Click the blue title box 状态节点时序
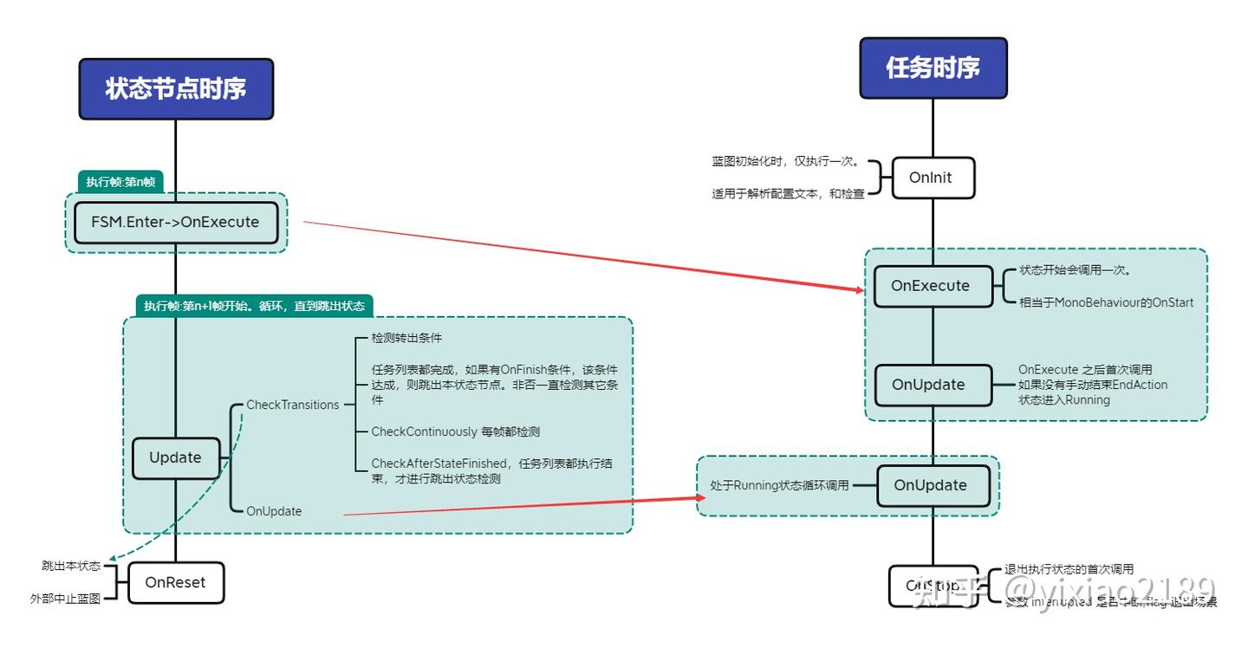point(176,88)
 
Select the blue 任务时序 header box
point(933,68)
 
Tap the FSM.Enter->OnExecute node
point(175,222)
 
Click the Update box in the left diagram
point(175,457)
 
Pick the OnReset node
point(175,582)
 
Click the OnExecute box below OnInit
point(930,286)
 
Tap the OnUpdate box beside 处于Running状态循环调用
point(930,485)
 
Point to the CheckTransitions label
point(293,405)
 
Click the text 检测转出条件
point(406,337)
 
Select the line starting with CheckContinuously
point(455,431)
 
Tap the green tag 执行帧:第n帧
point(120,182)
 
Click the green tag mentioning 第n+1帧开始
point(254,306)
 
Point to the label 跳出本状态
point(71,566)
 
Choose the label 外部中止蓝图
point(65,598)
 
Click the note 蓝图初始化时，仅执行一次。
point(785,161)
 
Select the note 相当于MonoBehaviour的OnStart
point(1106,302)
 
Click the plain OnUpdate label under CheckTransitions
point(274,511)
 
